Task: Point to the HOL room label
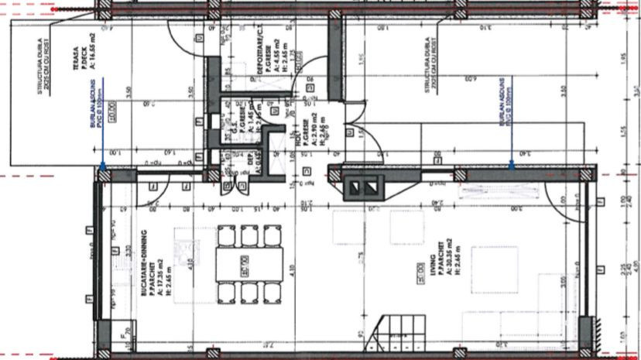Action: click(300, 141)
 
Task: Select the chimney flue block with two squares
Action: click(363, 187)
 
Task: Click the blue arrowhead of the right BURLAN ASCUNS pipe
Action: click(513, 163)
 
